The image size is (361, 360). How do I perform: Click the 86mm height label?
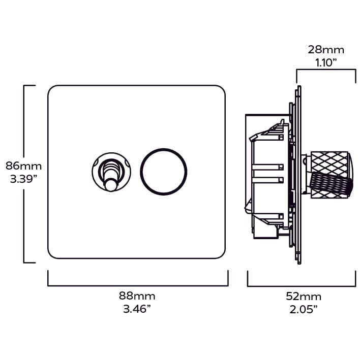click(23, 166)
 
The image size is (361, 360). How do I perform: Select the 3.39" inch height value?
click(23, 179)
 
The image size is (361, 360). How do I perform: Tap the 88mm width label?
click(137, 296)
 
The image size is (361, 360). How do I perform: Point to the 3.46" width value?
click(137, 309)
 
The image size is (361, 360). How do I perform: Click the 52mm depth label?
click(304, 297)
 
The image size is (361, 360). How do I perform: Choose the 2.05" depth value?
click(304, 310)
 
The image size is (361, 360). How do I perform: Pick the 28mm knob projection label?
click(326, 50)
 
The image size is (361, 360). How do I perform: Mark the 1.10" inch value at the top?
click(326, 63)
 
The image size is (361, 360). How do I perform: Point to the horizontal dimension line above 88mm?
click(137, 285)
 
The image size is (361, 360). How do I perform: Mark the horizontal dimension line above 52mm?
click(301, 285)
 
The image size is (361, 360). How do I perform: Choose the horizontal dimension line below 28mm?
click(326, 71)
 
